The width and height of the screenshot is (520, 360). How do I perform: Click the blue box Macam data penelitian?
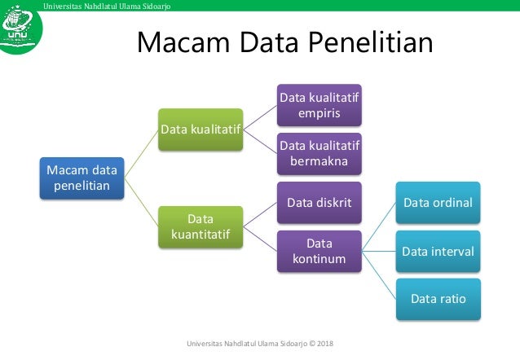coord(82,179)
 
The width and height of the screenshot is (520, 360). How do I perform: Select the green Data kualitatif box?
coord(201,130)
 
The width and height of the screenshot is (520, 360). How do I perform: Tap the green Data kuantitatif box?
coord(201,228)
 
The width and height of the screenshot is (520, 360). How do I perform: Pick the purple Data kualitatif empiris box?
coord(319,105)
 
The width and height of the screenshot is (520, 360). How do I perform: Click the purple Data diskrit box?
coord(319,203)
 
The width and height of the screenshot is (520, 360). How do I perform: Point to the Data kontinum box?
coord(319,252)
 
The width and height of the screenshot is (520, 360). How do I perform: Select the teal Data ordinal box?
coord(438,203)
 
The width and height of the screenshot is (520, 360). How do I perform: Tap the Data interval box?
coord(438,252)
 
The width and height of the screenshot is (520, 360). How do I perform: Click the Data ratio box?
coord(438,299)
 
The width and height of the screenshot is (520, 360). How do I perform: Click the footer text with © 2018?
coord(266,344)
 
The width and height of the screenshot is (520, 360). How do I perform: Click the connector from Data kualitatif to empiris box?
coord(260,117)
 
